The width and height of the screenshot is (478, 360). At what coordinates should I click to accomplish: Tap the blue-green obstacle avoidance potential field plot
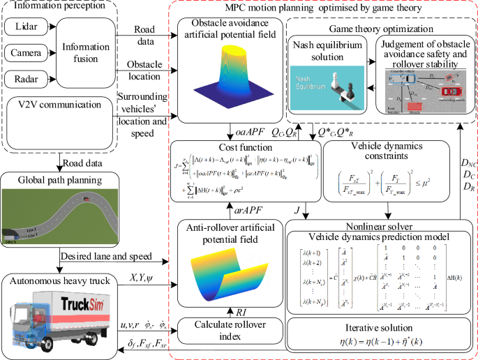pos(230,80)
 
